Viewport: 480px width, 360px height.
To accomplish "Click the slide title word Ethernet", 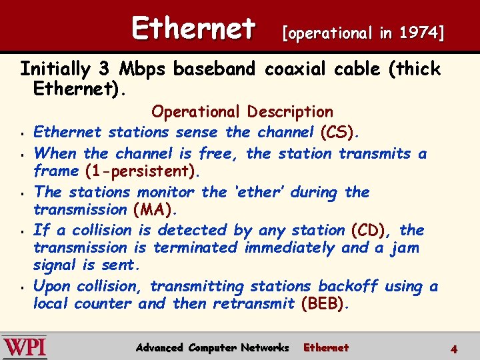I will coord(193,29).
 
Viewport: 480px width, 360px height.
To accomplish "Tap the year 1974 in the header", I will coord(419,33).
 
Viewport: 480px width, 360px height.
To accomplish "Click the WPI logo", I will coord(25,347).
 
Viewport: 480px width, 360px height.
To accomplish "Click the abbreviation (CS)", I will coord(340,132).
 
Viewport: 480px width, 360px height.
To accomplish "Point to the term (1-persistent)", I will coord(143,171).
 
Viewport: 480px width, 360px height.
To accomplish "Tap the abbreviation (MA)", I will coord(155,209).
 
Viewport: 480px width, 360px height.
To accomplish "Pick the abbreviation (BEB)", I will coord(325,304).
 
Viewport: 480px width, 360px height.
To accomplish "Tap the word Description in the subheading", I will coord(290,112).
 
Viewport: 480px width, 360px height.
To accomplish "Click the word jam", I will coord(406,248).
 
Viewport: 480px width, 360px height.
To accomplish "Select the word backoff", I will coord(348,287).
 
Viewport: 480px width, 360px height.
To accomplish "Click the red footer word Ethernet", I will coord(326,347).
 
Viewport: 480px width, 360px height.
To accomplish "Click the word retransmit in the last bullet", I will coord(253,304).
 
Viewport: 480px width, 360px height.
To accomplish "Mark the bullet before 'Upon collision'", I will coord(23,287).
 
